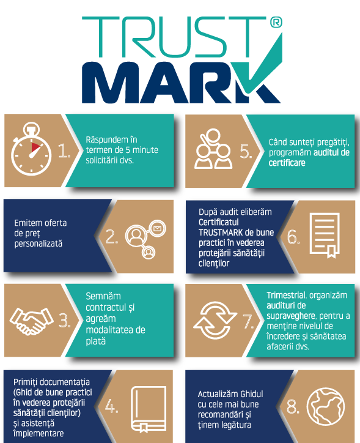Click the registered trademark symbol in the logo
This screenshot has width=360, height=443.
point(276,22)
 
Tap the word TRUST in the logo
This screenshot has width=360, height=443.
point(174,37)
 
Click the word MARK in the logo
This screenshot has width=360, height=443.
point(181,82)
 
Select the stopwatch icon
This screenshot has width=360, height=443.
point(31,149)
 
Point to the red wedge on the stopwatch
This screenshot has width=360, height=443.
point(35,147)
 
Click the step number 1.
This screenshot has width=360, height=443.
point(64,151)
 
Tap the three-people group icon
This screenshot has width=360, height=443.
point(213,149)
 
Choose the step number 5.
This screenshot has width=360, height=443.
point(246,151)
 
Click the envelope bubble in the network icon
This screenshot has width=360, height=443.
point(158,228)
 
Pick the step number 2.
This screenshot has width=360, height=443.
point(112,236)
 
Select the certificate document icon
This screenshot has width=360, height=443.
point(325,236)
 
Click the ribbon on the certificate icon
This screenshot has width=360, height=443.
point(331,251)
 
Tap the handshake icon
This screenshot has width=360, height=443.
point(31,321)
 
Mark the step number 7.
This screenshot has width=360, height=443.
point(248,321)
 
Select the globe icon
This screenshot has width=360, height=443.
point(326,406)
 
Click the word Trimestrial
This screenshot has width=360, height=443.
point(286,296)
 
